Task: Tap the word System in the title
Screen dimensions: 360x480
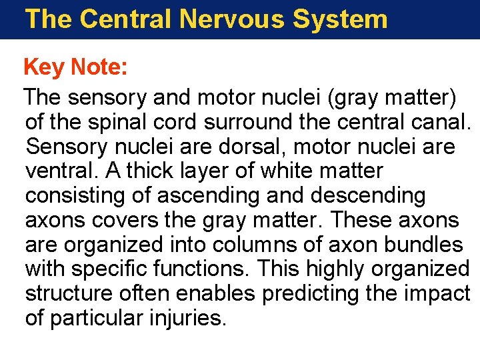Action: pyautogui.click(x=340, y=19)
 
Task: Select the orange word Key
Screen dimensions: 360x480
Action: pyautogui.click(x=44, y=67)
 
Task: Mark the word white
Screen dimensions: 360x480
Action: pyautogui.click(x=287, y=171)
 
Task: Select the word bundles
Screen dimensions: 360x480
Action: pyautogui.click(x=423, y=245)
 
